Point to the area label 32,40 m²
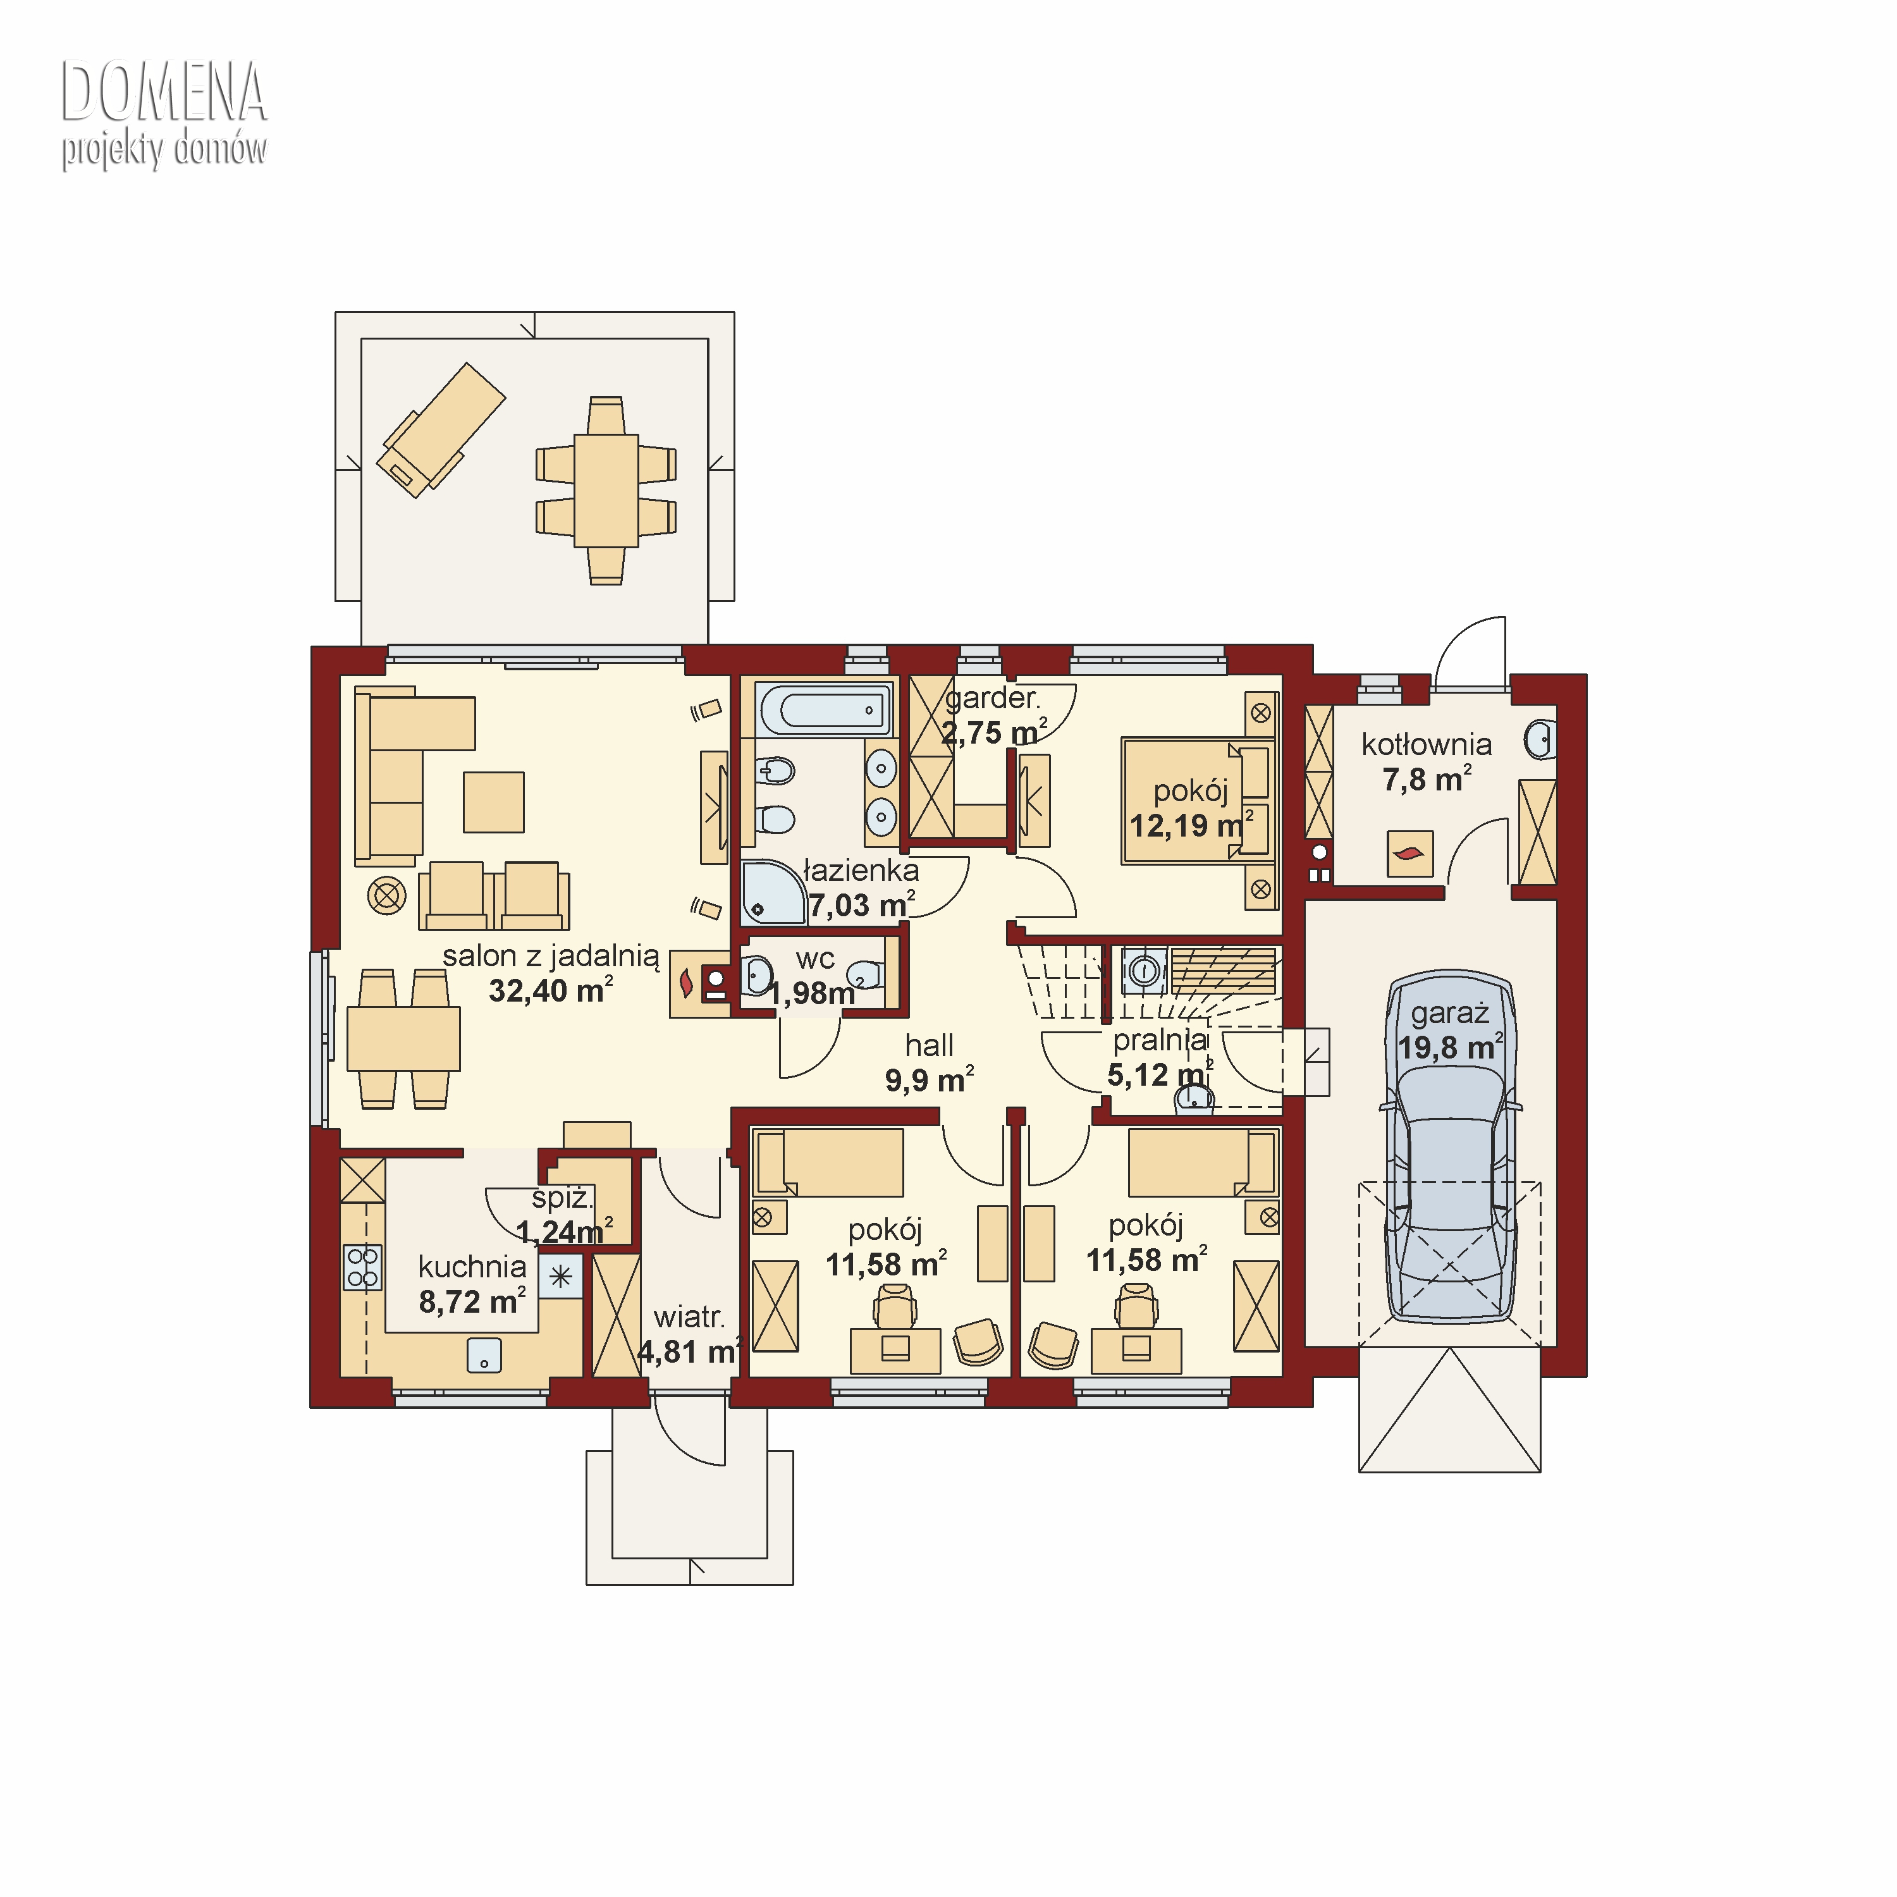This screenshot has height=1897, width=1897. point(551,990)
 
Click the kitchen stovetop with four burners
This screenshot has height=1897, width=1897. point(362,1267)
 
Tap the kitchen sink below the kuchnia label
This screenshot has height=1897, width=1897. point(484,1355)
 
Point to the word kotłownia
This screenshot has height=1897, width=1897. point(1426,744)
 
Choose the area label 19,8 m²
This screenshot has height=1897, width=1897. point(1450,1047)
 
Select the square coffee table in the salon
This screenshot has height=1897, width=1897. point(494,802)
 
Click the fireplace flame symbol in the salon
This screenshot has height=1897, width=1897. point(686,982)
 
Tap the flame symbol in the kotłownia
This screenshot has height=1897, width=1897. point(1409,852)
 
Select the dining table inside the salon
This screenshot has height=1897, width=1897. point(403,1038)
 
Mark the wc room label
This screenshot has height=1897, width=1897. point(815,959)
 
